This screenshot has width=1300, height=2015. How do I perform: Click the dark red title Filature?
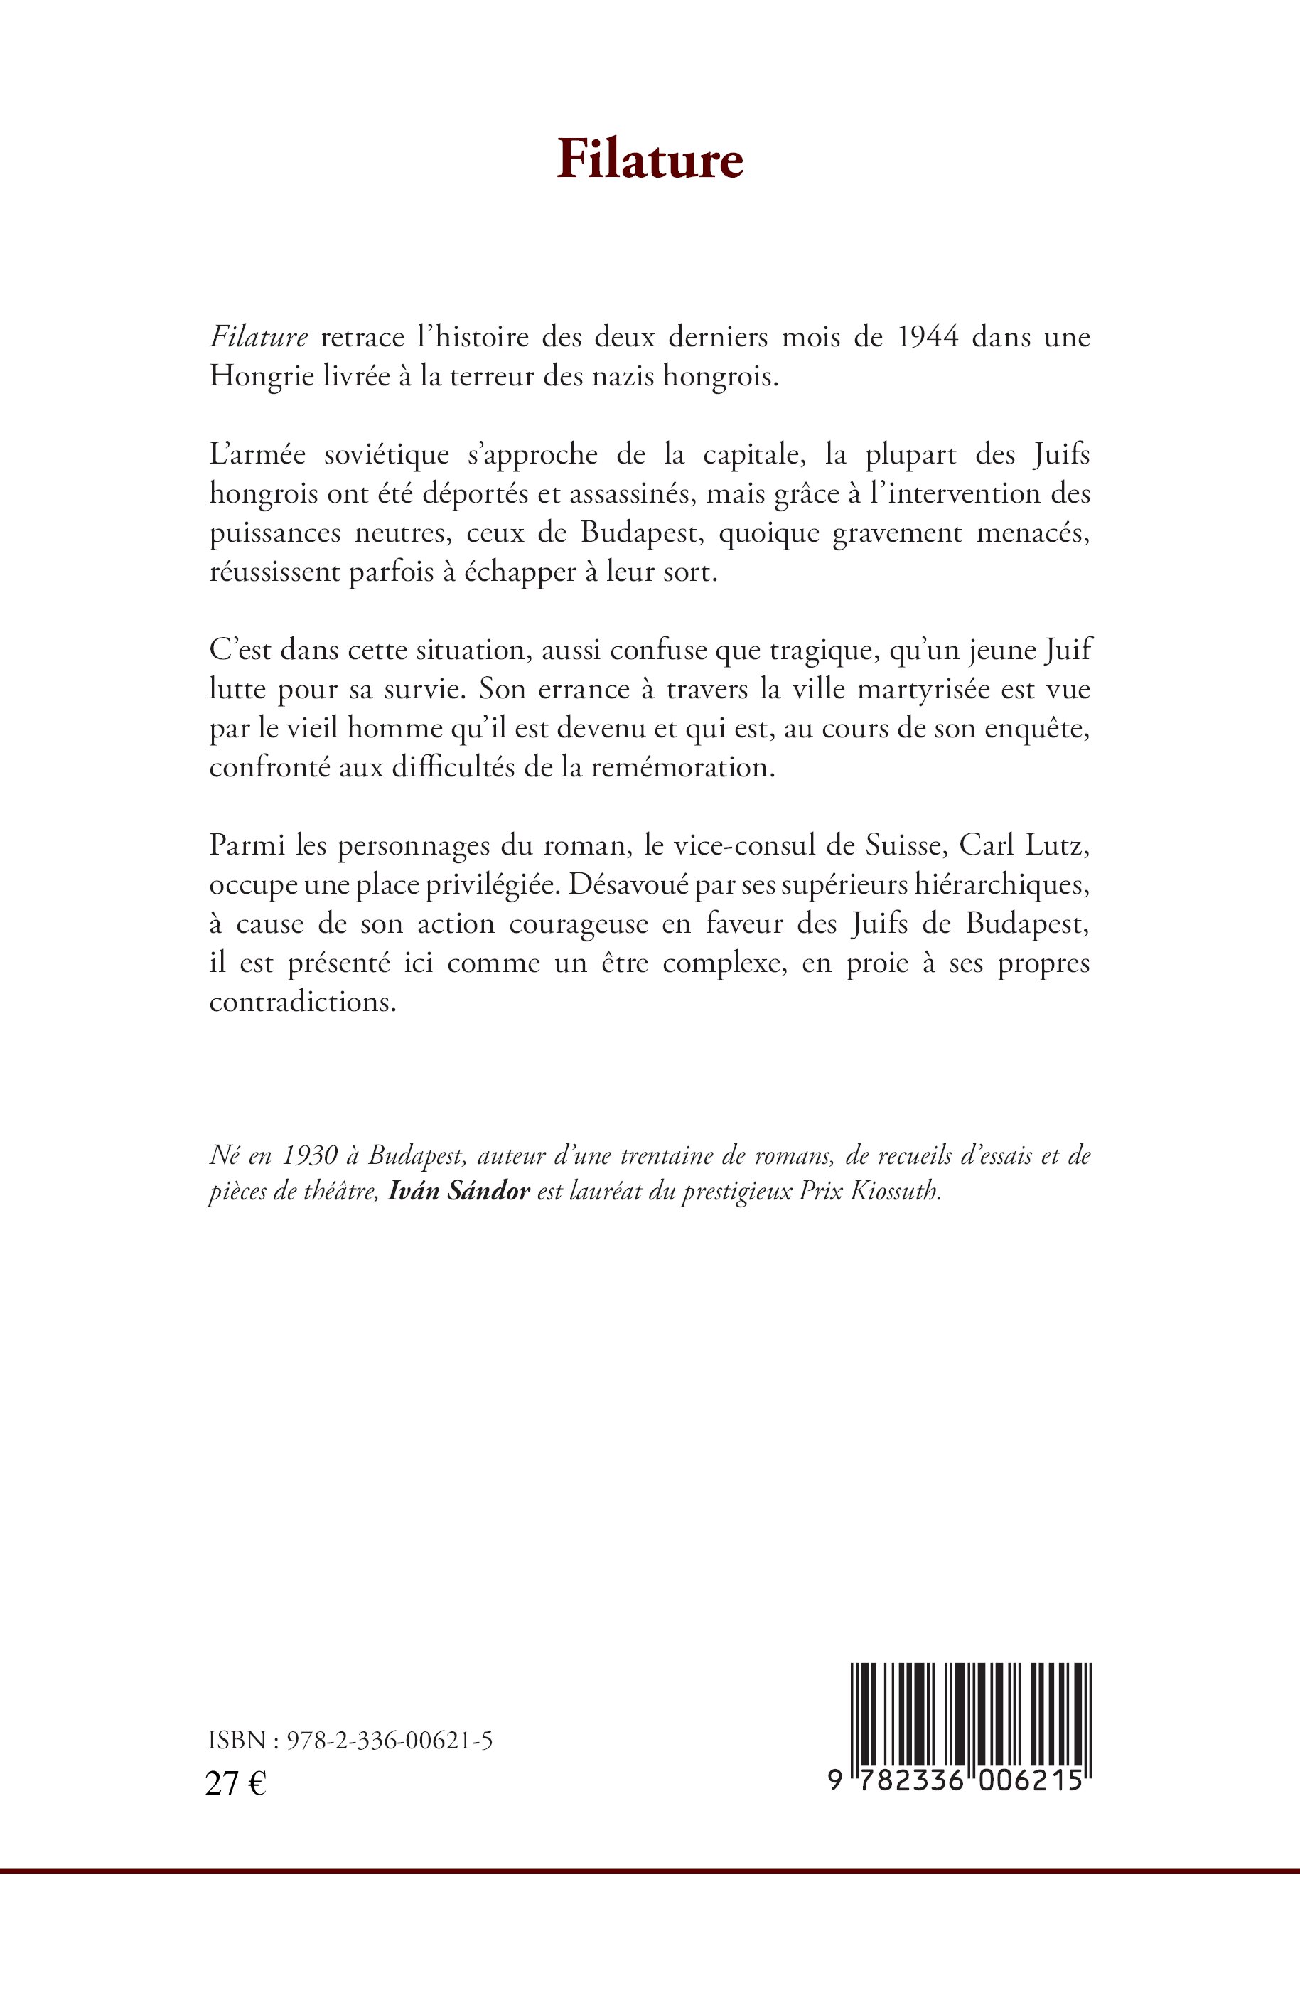(649, 159)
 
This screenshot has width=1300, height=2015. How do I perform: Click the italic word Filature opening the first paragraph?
(258, 337)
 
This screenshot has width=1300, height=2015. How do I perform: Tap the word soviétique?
(387, 455)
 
